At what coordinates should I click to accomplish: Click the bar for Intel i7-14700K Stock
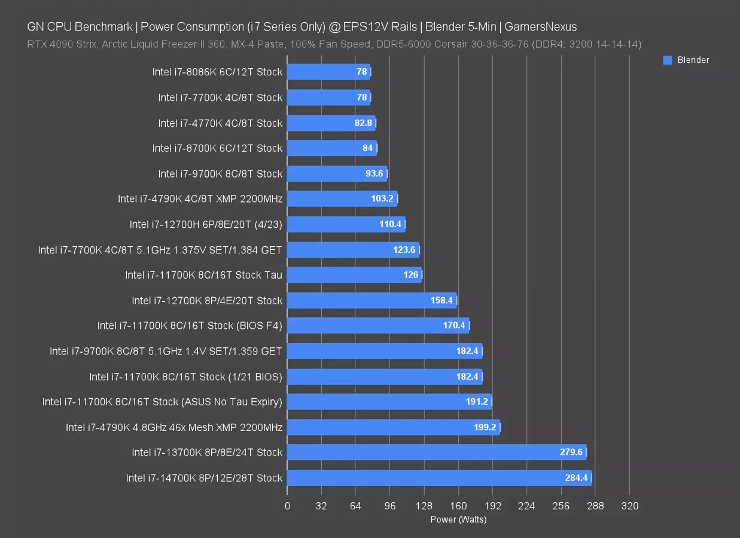point(439,478)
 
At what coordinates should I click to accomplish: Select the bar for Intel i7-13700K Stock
point(437,453)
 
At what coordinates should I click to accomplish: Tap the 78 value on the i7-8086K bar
point(362,72)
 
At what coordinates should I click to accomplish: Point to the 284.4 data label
point(574,478)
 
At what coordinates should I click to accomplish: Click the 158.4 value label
point(442,301)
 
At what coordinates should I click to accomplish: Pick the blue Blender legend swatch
point(668,60)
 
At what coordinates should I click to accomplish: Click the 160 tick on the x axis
point(459,506)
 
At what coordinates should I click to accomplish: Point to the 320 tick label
point(630,506)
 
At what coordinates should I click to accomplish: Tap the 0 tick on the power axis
point(287,506)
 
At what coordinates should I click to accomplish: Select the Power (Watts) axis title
point(458,519)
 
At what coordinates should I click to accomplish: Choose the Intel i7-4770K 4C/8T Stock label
point(220,123)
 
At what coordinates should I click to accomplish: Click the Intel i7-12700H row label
point(206,225)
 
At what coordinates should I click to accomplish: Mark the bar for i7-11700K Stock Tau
point(354,275)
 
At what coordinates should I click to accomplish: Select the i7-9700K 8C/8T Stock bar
point(337,174)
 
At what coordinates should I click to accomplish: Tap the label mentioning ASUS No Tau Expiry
point(162,402)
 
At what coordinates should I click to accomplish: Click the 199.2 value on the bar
point(485,427)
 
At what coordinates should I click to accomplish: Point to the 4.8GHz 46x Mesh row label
point(174,427)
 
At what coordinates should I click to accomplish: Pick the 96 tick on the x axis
point(390,506)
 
